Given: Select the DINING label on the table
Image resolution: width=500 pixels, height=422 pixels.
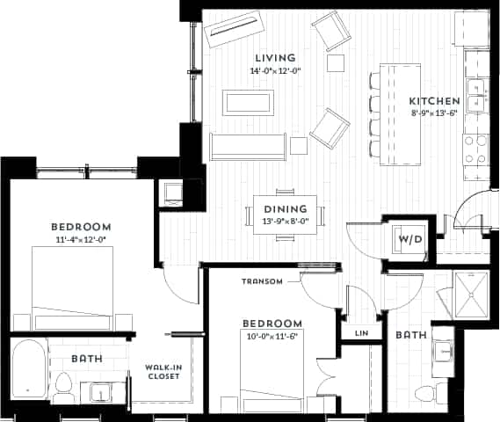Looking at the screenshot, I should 286,208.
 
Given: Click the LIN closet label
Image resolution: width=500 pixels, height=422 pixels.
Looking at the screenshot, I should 361,334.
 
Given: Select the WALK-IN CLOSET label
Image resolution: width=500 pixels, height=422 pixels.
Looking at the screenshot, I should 163,372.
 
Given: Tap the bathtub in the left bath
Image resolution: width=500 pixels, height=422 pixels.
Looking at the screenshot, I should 29,367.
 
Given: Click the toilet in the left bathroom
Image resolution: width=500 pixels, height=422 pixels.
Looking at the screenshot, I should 63,383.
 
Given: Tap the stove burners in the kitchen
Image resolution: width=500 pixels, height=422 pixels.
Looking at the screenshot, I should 475,149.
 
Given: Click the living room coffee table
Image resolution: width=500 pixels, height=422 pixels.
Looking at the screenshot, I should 249,102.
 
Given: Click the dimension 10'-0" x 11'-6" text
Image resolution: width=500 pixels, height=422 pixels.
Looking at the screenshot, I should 272,335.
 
